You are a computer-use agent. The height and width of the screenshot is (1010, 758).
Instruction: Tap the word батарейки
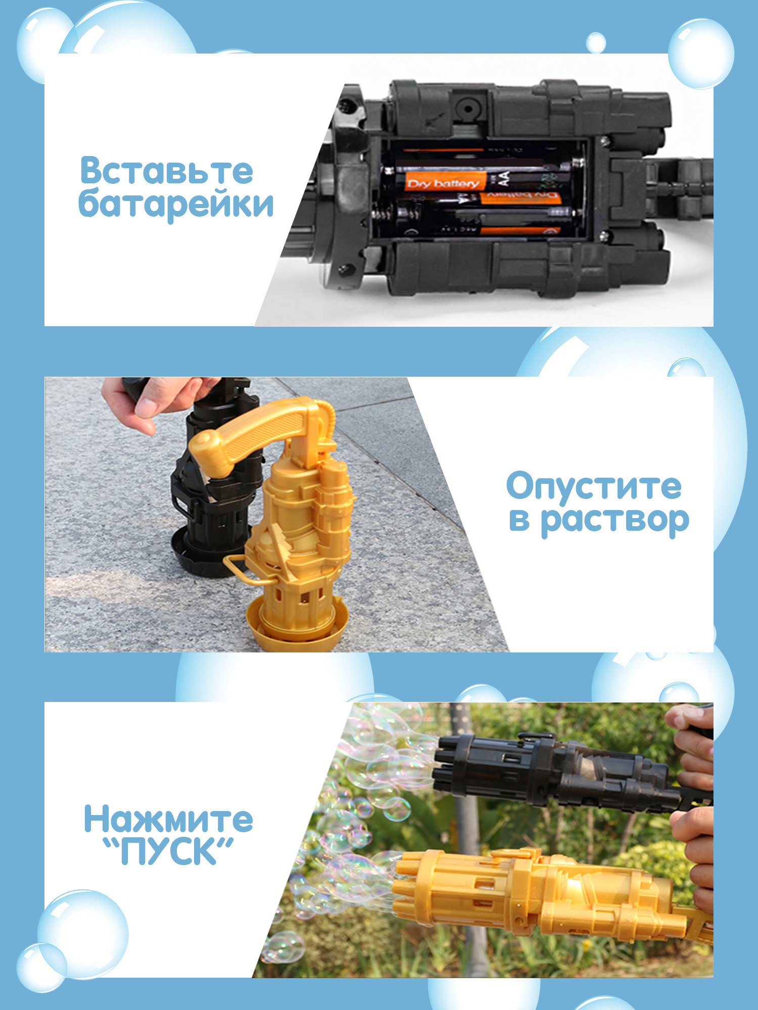pos(176,204)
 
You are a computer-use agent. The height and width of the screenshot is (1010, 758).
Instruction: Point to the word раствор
pos(615,520)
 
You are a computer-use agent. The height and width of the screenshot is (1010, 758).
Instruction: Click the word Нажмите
pos(168,819)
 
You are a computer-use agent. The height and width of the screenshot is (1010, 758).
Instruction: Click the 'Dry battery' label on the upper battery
pos(444,183)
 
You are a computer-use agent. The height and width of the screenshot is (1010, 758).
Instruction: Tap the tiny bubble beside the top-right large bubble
pos(596,42)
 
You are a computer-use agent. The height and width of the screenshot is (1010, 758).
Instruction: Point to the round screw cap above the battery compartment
pos(468,108)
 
